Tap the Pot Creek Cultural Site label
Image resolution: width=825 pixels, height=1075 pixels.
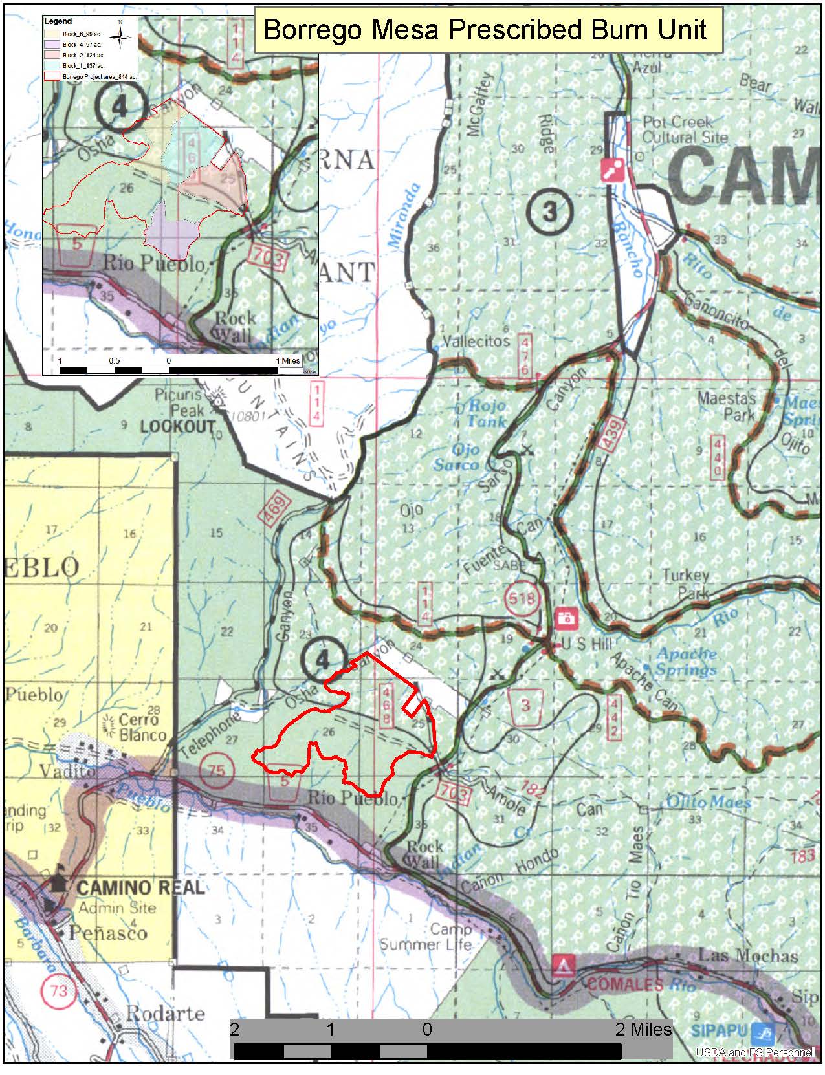(685, 129)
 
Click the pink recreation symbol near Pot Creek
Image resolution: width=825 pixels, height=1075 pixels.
(612, 169)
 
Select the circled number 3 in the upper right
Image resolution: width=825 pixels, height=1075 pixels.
(550, 211)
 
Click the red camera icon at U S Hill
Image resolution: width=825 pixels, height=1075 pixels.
(567, 617)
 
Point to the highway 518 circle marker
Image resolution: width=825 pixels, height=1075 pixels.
(522, 598)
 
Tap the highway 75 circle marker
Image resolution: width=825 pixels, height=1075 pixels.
(217, 771)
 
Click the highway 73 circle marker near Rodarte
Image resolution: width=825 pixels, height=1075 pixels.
(58, 990)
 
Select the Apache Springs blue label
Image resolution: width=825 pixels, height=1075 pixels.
(685, 661)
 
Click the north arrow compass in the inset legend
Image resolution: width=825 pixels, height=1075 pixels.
(120, 36)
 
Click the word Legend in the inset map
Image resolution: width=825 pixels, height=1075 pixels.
(58, 21)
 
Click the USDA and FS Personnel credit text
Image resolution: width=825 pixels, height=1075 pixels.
(754, 1052)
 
